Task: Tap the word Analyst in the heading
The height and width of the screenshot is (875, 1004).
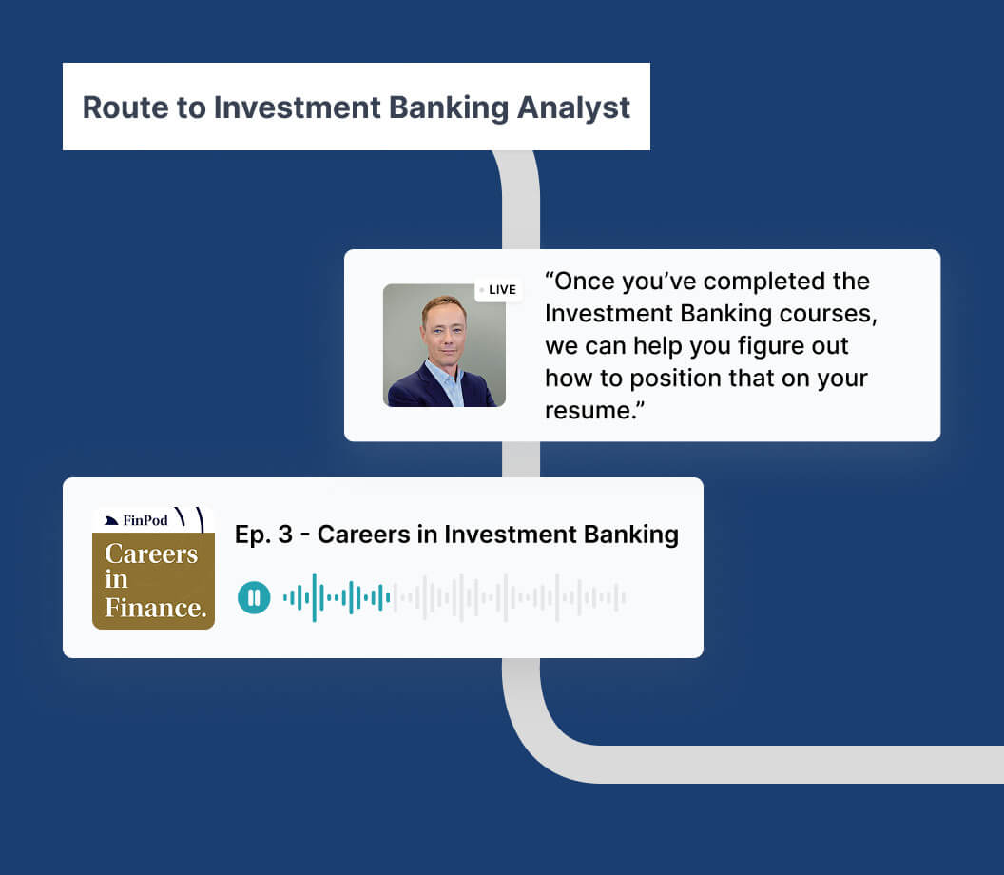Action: coord(573,108)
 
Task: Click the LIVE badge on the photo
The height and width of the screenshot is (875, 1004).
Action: coord(498,289)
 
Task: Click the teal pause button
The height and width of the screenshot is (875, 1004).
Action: coord(254,597)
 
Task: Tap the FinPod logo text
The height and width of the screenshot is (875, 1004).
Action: coord(145,520)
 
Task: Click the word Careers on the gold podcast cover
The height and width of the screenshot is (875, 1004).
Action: coord(151,554)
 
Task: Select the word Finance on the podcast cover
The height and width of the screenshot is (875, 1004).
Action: coord(156,607)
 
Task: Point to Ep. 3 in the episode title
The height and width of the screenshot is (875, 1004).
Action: coord(263,535)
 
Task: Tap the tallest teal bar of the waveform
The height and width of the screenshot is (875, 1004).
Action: coord(315,597)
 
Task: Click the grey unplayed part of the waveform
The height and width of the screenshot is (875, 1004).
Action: coord(509,597)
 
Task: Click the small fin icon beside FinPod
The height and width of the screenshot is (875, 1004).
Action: coord(111,520)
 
